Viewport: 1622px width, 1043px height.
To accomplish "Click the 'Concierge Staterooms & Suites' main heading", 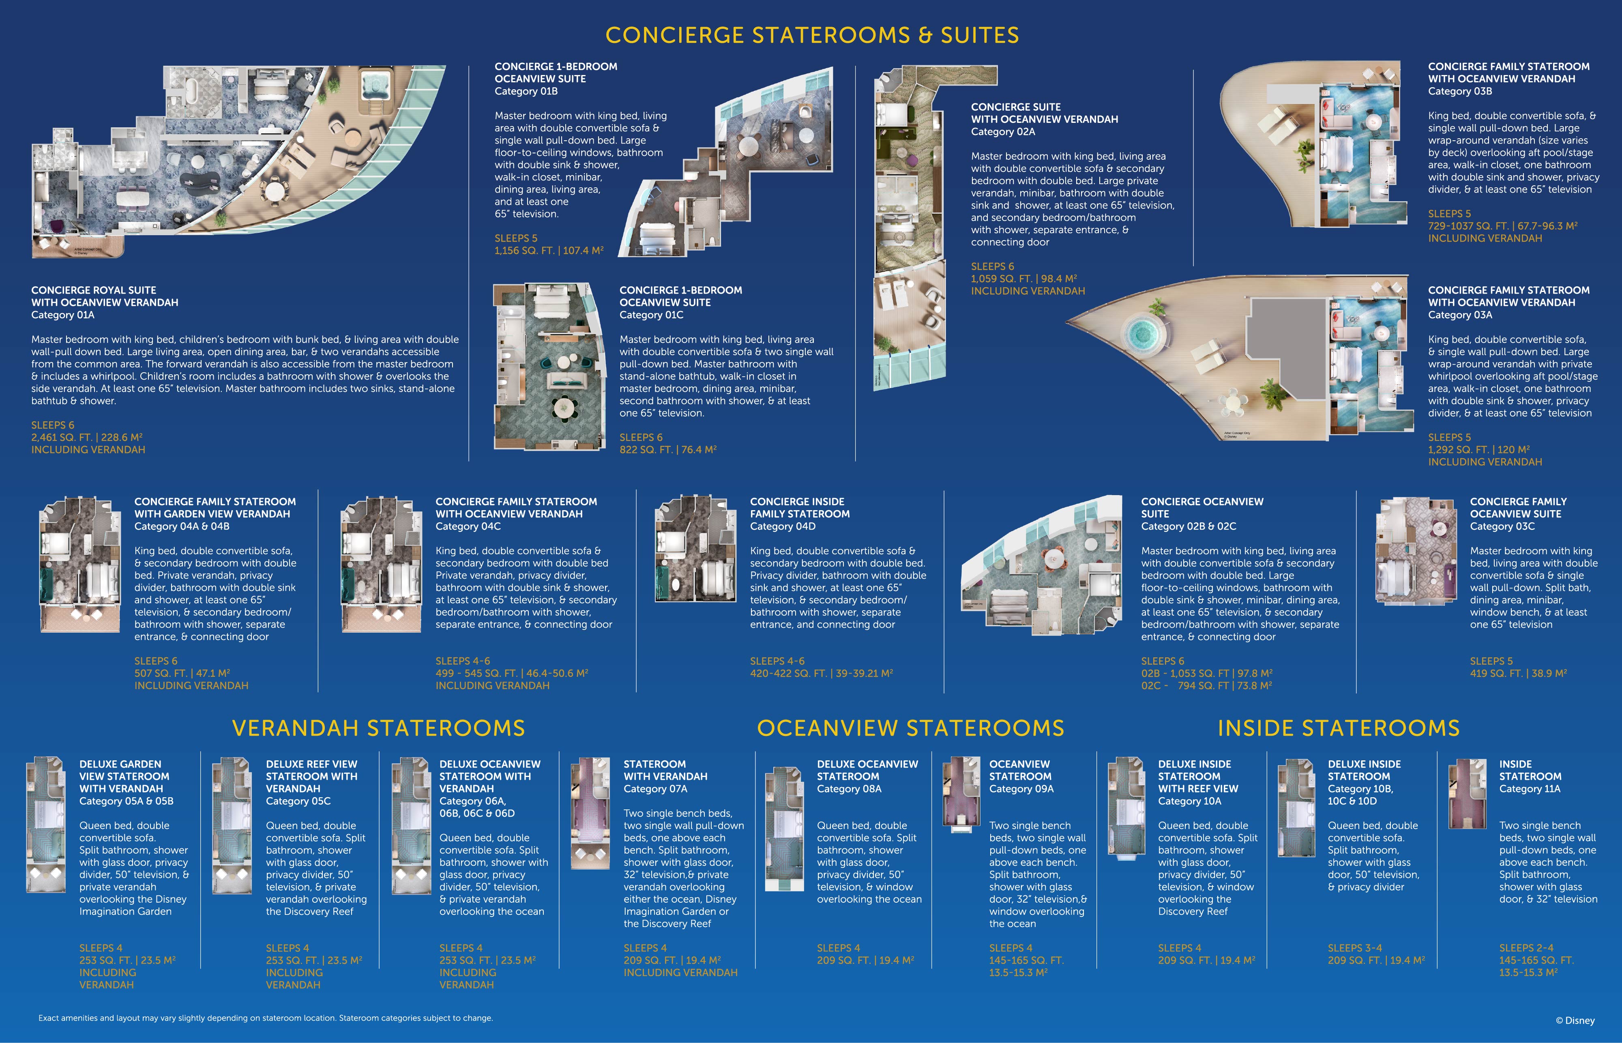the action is pyautogui.click(x=811, y=35).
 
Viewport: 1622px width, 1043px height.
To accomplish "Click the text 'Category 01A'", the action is pyautogui.click(x=63, y=315).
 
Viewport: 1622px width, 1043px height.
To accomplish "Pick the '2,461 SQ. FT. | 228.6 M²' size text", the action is pyautogui.click(x=87, y=438).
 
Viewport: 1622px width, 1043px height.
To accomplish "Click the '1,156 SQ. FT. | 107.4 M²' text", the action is pyautogui.click(x=549, y=251).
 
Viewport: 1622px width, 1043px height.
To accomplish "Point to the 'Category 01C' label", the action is pyautogui.click(x=652, y=315).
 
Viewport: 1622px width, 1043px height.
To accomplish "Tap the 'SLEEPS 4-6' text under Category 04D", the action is pyautogui.click(x=777, y=661).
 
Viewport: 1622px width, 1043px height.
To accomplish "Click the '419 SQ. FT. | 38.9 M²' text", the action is pyautogui.click(x=1518, y=673).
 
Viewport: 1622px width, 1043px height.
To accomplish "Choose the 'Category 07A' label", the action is pyautogui.click(x=656, y=789).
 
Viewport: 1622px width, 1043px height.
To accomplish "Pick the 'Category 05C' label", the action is pyautogui.click(x=298, y=801).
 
